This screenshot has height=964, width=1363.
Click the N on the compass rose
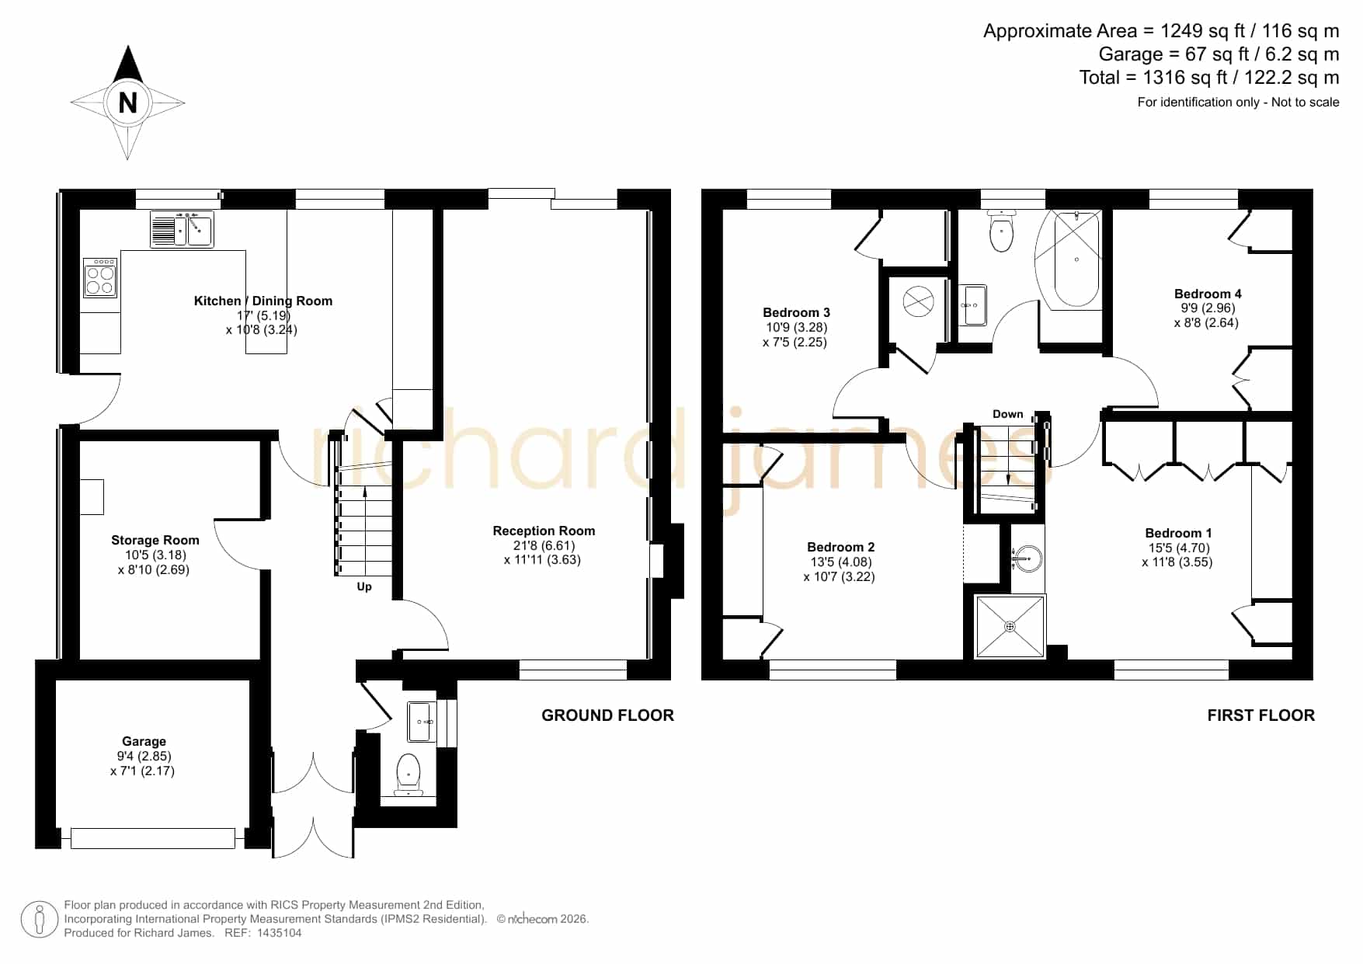tap(128, 103)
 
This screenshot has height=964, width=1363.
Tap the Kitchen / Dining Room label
tap(263, 301)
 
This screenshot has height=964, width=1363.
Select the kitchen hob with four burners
tap(100, 278)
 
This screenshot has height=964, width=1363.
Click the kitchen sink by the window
tap(182, 229)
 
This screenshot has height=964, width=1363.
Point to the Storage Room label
tap(155, 540)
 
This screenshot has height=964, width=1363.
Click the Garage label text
tap(144, 741)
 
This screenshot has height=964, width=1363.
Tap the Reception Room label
tap(544, 531)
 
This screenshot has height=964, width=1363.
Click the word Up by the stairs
tap(364, 586)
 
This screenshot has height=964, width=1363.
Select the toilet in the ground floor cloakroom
tap(409, 774)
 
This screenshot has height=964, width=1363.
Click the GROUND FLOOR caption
tap(608, 715)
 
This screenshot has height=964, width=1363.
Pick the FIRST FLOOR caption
tap(1261, 715)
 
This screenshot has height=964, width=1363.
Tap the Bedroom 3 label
tap(796, 312)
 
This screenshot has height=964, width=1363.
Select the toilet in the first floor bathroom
tap(1002, 231)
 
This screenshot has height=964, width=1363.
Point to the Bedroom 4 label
tap(1208, 294)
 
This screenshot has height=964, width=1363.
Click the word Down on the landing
tap(1008, 414)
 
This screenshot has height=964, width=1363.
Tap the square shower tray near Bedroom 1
tap(1010, 626)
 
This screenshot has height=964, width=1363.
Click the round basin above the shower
tap(1028, 559)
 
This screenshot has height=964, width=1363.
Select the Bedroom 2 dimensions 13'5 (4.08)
tap(841, 562)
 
